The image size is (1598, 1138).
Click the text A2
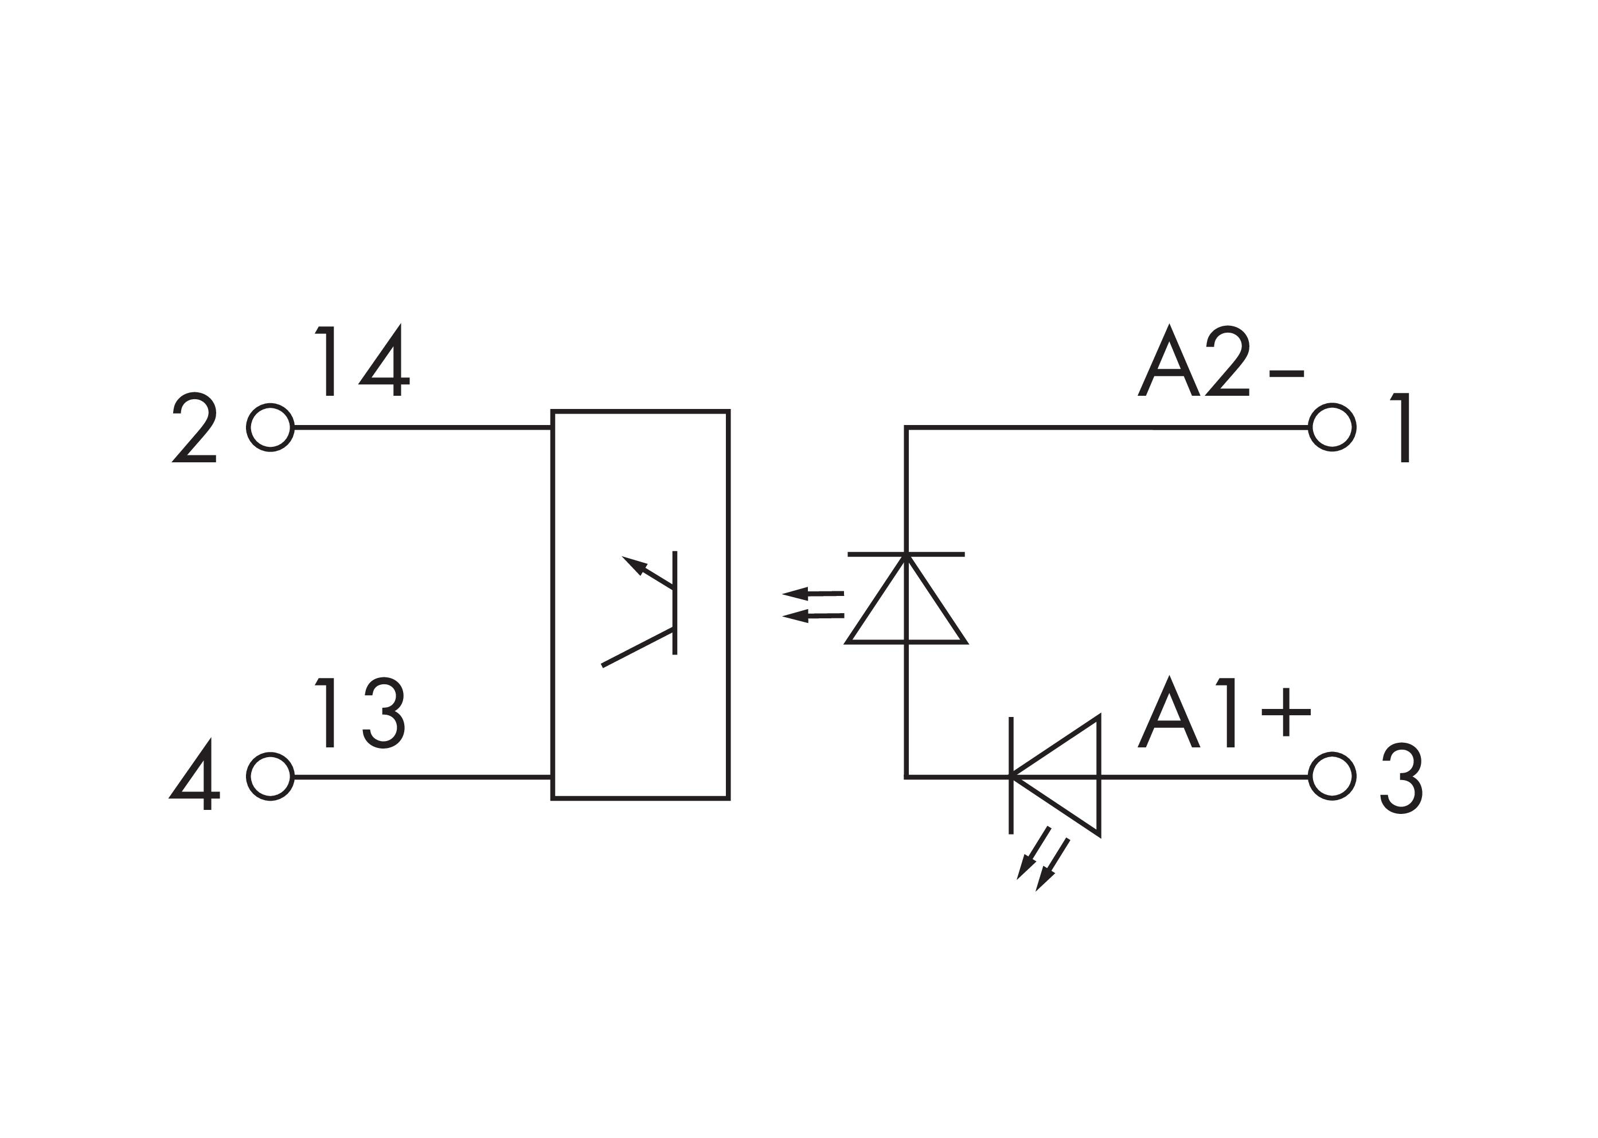(1193, 361)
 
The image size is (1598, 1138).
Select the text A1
(1186, 712)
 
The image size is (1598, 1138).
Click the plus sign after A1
(1286, 712)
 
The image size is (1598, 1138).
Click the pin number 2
(194, 427)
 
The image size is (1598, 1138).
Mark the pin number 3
(1401, 778)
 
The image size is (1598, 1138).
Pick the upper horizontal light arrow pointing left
(812, 594)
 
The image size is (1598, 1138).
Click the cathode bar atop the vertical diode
(906, 554)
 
